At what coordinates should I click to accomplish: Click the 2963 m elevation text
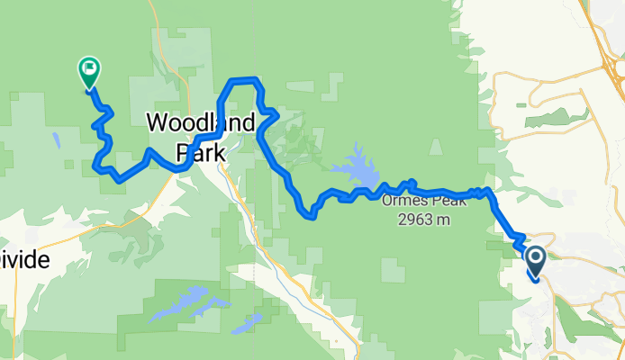(422, 219)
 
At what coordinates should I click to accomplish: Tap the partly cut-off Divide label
(27, 257)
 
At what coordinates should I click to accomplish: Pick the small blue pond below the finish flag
(56, 140)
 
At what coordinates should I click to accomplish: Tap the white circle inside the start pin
(535, 258)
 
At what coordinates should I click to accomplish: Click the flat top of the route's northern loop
(244, 81)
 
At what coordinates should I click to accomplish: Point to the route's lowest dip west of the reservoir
(310, 214)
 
